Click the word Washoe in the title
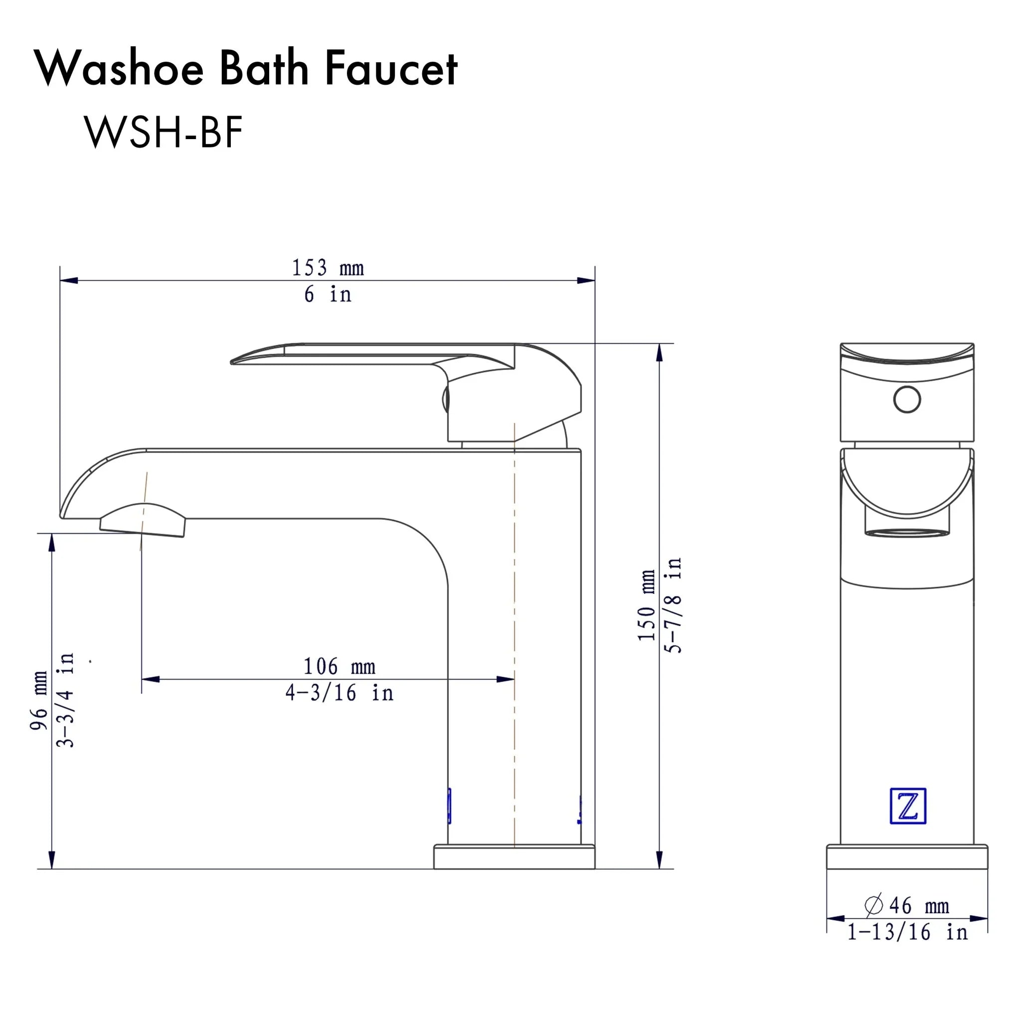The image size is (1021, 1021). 120,69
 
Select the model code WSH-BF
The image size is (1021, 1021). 164,132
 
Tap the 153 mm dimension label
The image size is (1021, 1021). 328,268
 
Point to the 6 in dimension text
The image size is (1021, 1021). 328,294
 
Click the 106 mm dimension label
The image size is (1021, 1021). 339,667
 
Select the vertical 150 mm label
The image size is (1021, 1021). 646,606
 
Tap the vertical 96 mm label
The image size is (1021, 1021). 38,701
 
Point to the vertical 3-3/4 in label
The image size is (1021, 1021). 65,700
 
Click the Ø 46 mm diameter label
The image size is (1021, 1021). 907,906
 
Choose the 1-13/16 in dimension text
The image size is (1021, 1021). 907,932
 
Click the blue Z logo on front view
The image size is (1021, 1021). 907,807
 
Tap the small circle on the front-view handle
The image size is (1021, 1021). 907,399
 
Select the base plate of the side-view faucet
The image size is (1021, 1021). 513,857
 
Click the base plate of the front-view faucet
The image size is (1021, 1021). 907,857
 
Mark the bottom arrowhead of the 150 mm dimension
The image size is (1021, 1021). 659,860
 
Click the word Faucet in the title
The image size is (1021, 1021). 391,69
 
